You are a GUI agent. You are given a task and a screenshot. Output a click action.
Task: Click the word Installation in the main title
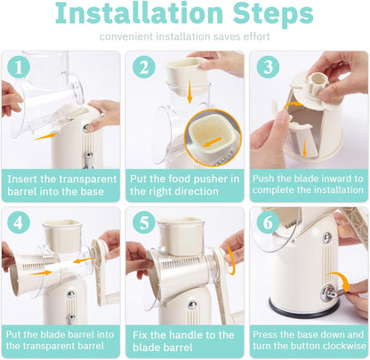(139, 13)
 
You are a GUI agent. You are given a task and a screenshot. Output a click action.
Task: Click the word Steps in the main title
(273, 15)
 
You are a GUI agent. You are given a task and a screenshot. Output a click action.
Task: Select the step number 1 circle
(19, 67)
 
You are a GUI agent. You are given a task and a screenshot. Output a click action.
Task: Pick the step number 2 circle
(144, 67)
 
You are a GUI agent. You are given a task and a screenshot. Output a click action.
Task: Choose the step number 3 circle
(268, 67)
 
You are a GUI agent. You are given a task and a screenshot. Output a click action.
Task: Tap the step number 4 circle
(19, 222)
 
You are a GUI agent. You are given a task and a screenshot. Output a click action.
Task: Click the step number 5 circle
(144, 222)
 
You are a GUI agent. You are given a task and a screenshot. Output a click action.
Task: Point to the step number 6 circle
(268, 222)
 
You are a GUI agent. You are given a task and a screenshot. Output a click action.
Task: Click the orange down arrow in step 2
(189, 91)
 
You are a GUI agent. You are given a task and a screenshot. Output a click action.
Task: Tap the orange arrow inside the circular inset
(213, 141)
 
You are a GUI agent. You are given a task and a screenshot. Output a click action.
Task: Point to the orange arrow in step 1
(44, 137)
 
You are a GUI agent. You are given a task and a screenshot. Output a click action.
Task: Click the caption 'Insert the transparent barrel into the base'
(61, 185)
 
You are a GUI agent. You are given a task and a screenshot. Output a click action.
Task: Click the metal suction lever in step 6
(332, 292)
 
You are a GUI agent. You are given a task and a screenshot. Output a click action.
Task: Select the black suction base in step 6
(304, 311)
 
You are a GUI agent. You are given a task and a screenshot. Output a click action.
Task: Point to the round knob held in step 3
(318, 82)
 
